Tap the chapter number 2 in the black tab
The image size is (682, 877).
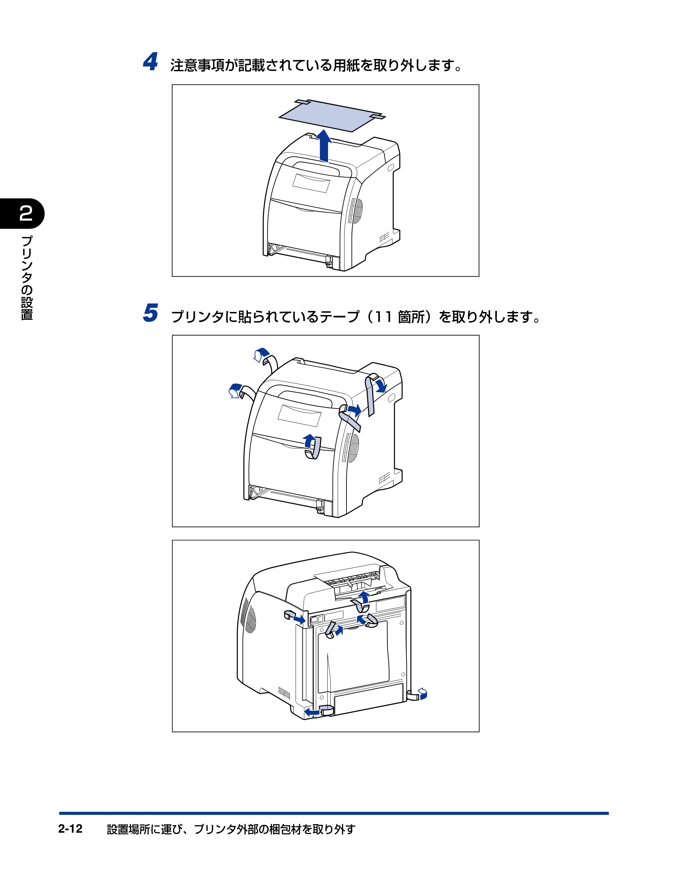coord(26,213)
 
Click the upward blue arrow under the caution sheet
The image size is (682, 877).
coord(323,145)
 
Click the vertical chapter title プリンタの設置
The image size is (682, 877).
coord(27,278)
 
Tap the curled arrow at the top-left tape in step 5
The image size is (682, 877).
coord(262,355)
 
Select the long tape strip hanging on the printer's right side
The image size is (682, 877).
coord(371,396)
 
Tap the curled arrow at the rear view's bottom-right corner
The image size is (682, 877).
coord(422,693)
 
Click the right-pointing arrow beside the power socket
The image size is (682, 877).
coord(299,620)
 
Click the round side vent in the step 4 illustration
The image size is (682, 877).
coord(355,210)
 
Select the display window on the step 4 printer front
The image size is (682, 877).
coord(311,183)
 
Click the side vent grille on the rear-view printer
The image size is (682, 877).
coord(249,619)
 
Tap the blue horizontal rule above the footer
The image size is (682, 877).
coord(334,813)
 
